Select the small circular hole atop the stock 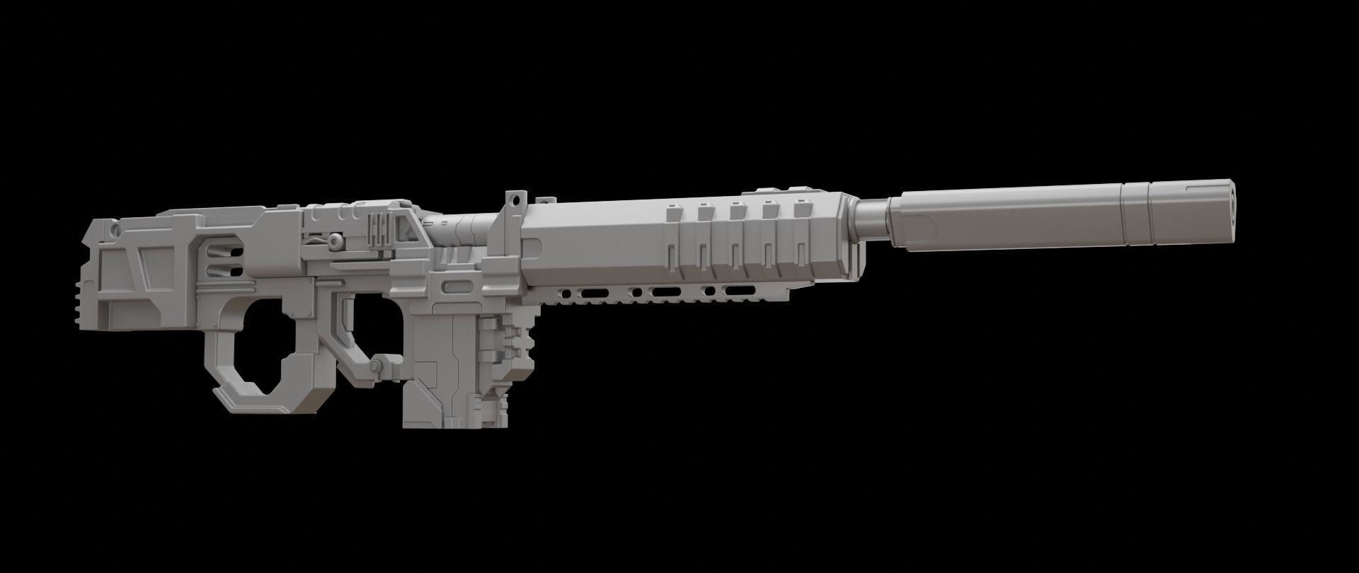[115, 229]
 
